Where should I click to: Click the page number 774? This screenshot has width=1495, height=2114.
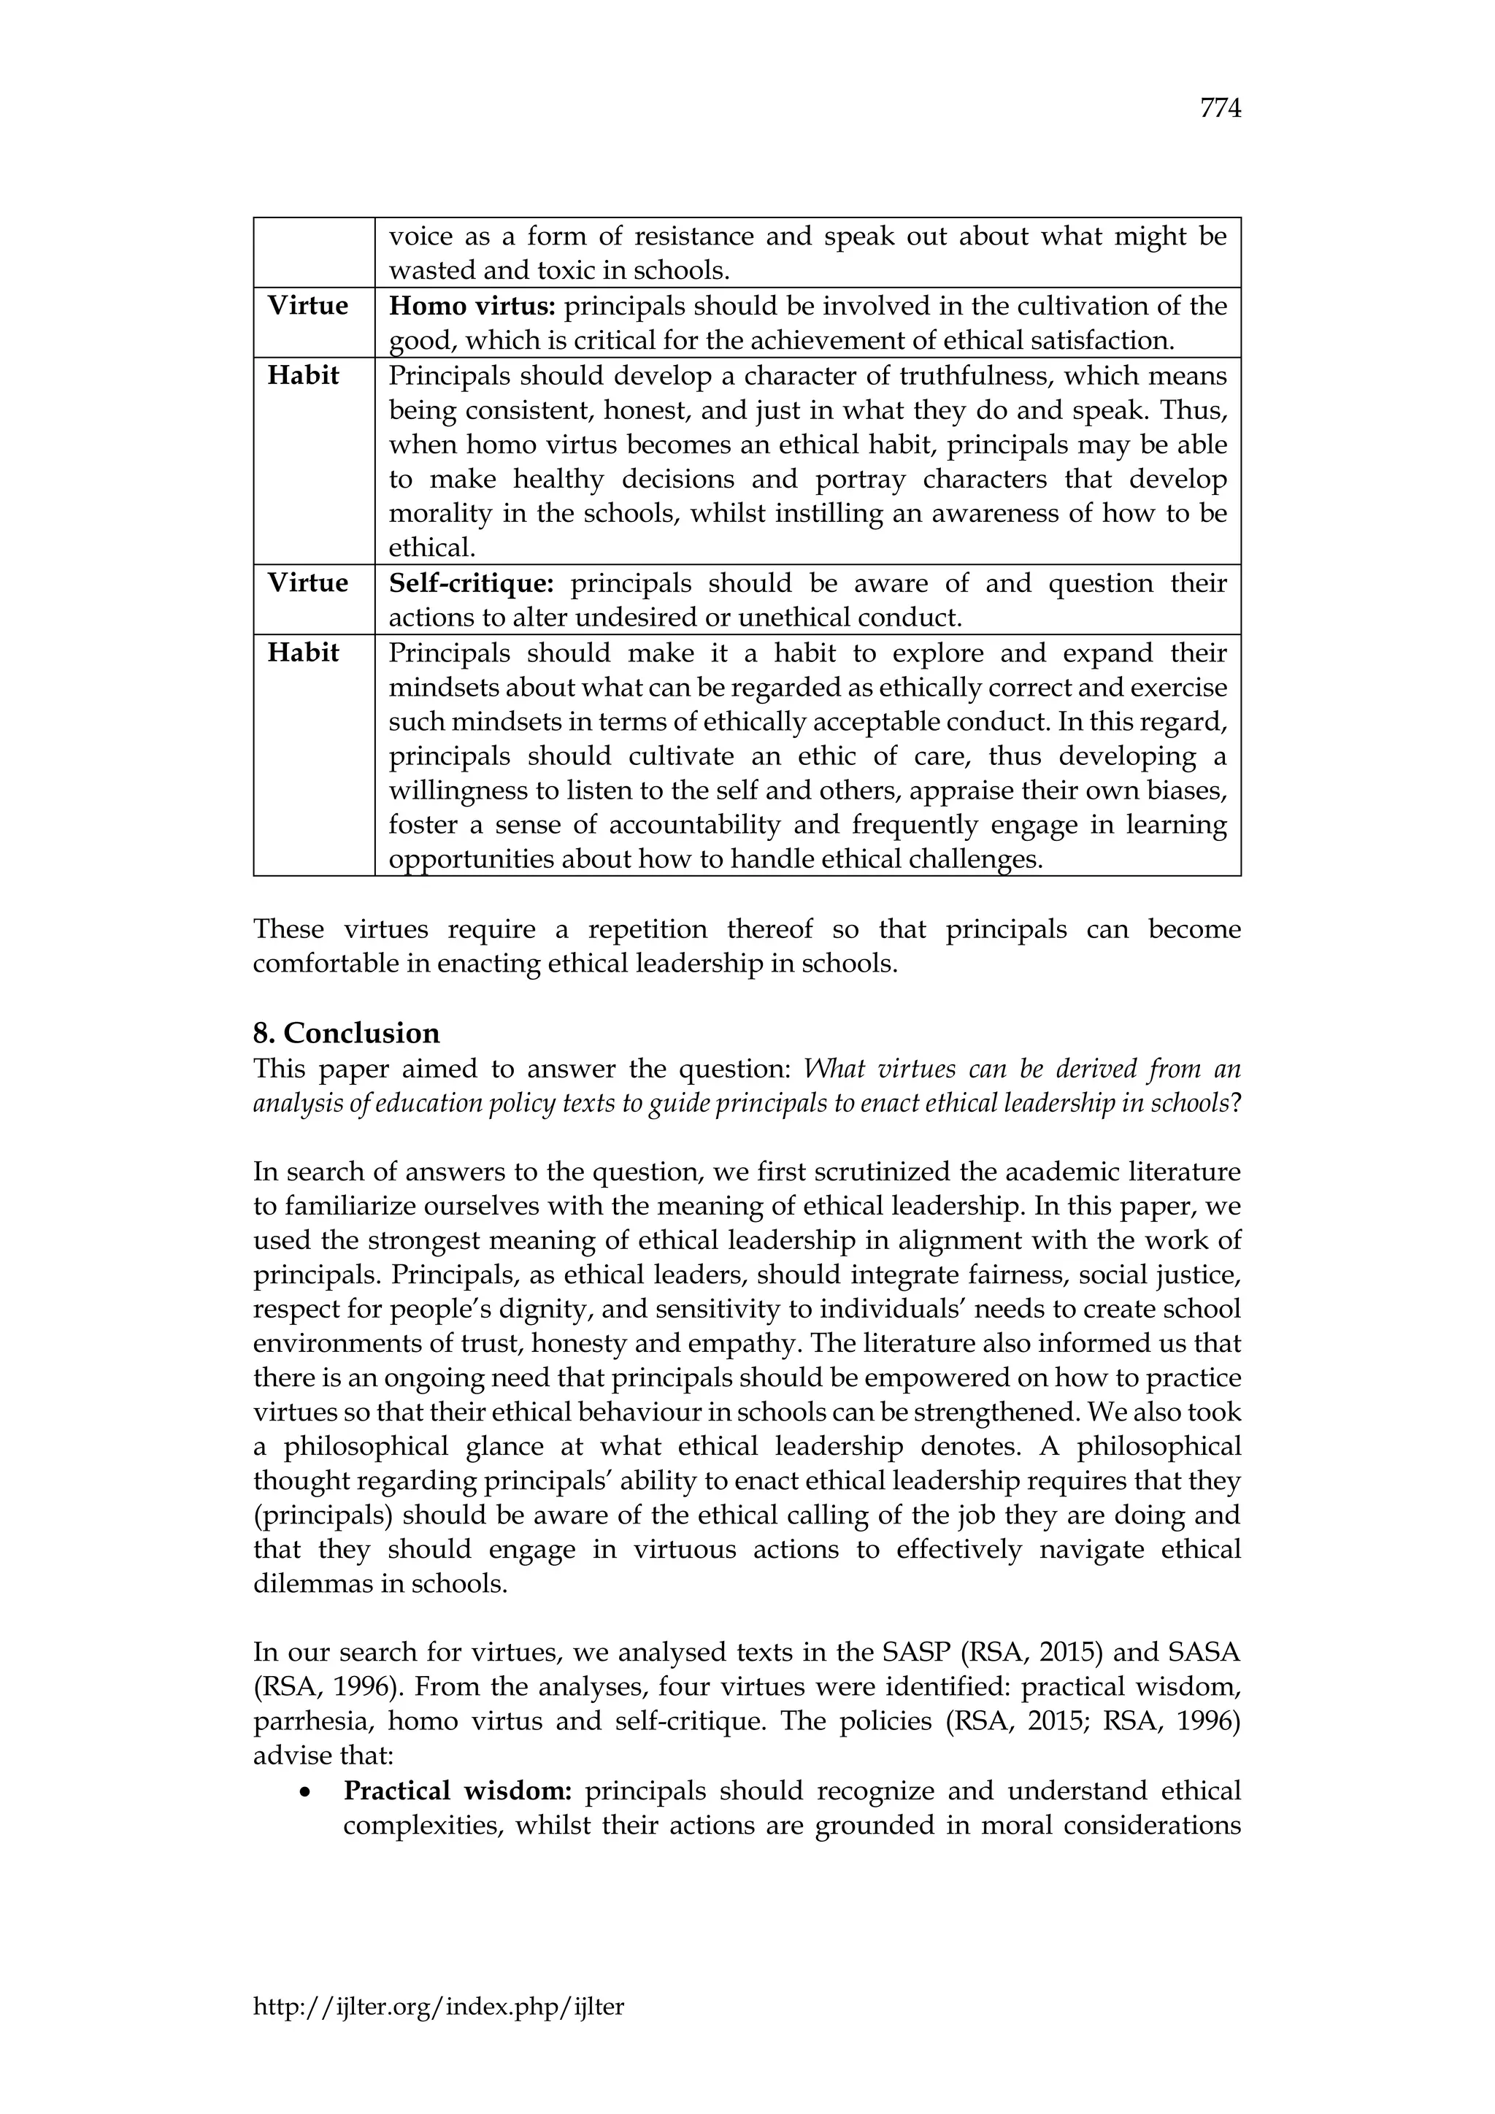[1221, 109]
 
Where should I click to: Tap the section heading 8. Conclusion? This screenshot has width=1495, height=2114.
[346, 1033]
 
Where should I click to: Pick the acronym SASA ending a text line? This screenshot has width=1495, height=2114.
[1202, 1653]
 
